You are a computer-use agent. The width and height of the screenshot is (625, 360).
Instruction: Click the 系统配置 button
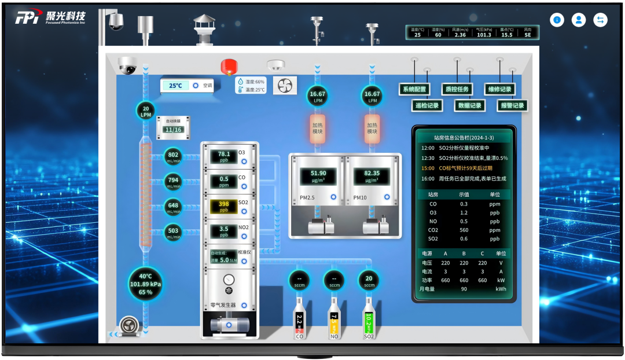414,89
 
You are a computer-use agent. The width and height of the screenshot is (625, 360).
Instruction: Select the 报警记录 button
513,105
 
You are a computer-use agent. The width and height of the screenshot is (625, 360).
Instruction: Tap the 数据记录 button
469,105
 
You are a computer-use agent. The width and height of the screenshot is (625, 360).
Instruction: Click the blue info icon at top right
557,20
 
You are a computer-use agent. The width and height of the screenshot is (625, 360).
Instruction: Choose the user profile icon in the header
578,20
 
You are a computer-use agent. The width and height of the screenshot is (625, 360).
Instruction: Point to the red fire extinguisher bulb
226,66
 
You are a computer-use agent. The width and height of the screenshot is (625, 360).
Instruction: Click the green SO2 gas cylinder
369,319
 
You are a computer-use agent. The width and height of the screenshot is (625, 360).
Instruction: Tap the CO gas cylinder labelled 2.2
299,319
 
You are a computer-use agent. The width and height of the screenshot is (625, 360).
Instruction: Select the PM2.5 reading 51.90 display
318,176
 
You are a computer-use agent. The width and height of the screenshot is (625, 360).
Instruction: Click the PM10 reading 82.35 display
372,176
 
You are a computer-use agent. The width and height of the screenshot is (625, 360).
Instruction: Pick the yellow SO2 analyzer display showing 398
224,206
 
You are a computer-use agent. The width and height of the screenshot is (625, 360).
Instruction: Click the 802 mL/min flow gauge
173,156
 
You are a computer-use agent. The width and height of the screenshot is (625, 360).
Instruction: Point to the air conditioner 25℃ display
175,86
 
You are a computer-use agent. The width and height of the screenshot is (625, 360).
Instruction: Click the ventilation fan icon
285,86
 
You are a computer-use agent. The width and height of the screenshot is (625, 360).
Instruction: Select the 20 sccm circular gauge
369,280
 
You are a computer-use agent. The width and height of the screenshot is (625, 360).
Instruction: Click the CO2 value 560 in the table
464,230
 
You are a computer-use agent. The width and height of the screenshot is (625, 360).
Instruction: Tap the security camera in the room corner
127,65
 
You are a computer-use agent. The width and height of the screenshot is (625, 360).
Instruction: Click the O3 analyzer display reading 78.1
224,156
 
